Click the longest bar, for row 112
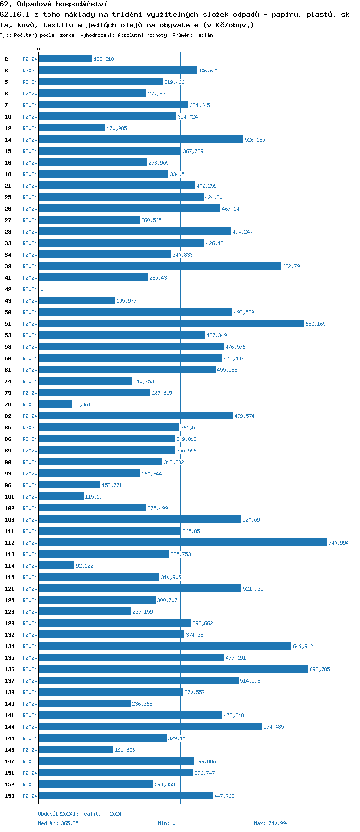pos(183,542)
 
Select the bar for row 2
pos(65,59)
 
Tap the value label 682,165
pos(315,324)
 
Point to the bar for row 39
pos(160,266)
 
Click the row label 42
pos(8,289)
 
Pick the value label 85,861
pos(82,404)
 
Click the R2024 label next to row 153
pos(30,796)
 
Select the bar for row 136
pos(173,669)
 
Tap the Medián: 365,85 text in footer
pos(58,823)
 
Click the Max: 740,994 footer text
pos(271,823)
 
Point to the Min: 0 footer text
pos(167,823)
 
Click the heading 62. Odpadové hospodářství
pos(53,4)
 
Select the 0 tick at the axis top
pos(39,49)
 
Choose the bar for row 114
pos(57,565)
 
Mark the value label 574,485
pos(274,727)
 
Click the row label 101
pos(9,497)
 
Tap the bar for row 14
pos(141,139)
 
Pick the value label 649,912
pos(303,646)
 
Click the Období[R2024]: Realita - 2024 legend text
pos(80,814)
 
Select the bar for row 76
pos(55,404)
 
